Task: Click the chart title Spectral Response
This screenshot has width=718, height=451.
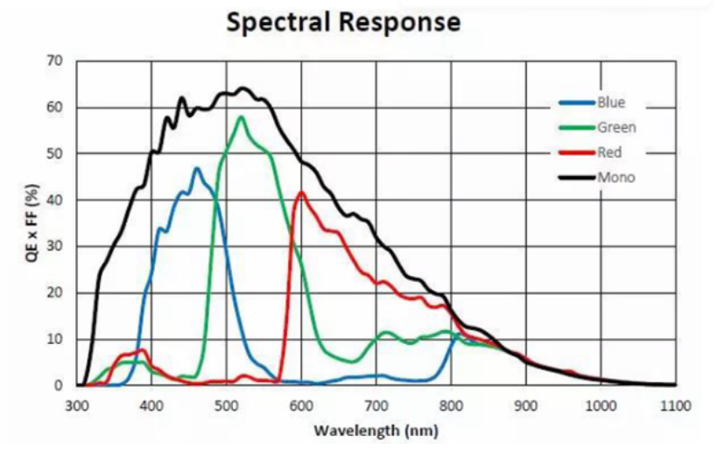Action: [342, 22]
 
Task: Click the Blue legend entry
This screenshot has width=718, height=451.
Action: [610, 102]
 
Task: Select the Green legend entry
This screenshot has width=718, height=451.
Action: [616, 128]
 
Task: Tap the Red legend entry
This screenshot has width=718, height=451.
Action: [609, 152]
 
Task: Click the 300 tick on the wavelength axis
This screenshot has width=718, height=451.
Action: [77, 405]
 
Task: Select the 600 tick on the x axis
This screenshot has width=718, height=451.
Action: [301, 405]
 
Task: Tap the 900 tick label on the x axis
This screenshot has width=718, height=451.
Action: [526, 405]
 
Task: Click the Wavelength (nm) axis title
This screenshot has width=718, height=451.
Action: [375, 431]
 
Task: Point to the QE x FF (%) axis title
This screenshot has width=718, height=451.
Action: [31, 223]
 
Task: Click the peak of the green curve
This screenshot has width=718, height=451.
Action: [241, 116]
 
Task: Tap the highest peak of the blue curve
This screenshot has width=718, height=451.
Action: [196, 168]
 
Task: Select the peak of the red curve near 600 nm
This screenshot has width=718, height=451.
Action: [301, 192]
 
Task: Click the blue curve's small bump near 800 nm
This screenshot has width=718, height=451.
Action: [456, 335]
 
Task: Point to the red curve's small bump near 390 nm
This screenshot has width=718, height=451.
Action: [142, 350]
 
